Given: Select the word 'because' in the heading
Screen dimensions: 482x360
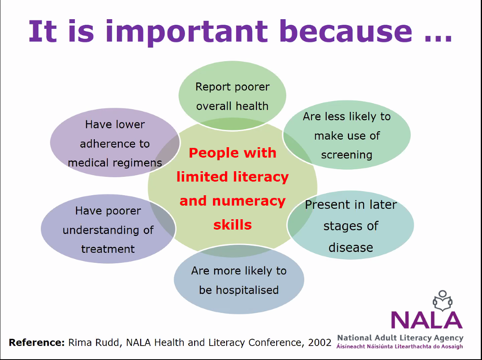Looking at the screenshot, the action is coord(345,31).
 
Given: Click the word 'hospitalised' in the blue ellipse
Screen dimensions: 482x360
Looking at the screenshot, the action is coord(247,290).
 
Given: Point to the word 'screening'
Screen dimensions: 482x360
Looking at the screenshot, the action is coord(347,155).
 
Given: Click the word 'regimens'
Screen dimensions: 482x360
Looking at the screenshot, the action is coord(137,163).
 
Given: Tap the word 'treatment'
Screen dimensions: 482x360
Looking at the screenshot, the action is coord(108,249).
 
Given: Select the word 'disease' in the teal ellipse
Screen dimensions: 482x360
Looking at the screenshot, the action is coord(351,248).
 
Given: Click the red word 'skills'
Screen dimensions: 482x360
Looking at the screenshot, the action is coord(233,225).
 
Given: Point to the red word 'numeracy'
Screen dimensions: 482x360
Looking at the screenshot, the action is coord(249,202).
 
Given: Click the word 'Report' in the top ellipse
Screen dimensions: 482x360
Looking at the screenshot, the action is coord(212,87).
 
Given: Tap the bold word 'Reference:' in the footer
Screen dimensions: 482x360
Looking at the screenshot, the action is coord(37,342).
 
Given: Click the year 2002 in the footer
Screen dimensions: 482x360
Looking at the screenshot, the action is coord(319,342).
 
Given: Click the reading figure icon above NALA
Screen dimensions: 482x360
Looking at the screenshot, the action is coord(442,301).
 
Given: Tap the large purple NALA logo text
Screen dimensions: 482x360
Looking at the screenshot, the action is coord(427,320).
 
